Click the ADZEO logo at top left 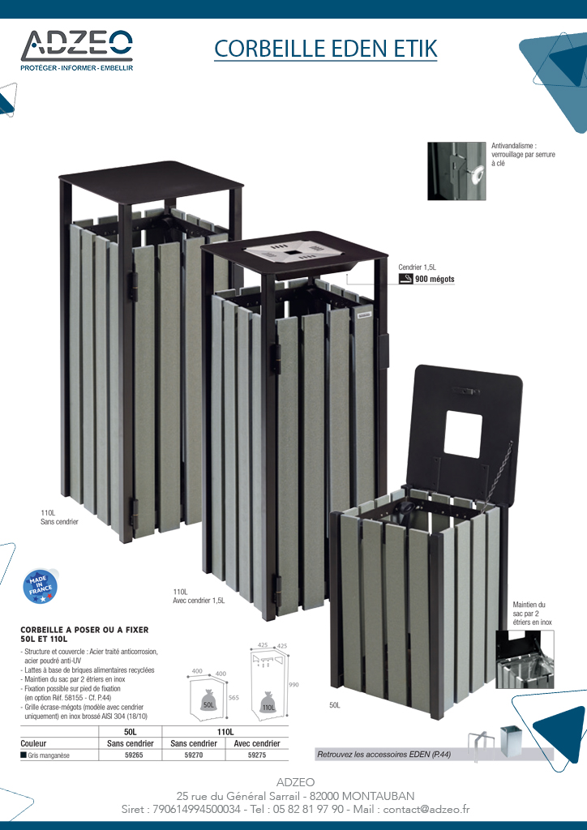(77, 50)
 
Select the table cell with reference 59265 (131, 755)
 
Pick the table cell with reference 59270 (194, 755)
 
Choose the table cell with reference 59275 (257, 755)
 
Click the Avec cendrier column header (257, 743)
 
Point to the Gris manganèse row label (45, 755)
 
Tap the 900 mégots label (435, 279)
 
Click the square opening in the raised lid (463, 434)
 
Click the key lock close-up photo (456, 171)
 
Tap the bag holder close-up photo (525, 659)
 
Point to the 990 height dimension (293, 684)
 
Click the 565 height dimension (234, 698)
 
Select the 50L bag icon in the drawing (208, 700)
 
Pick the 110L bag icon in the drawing (268, 703)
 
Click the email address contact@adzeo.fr (426, 809)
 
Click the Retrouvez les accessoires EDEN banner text (383, 755)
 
